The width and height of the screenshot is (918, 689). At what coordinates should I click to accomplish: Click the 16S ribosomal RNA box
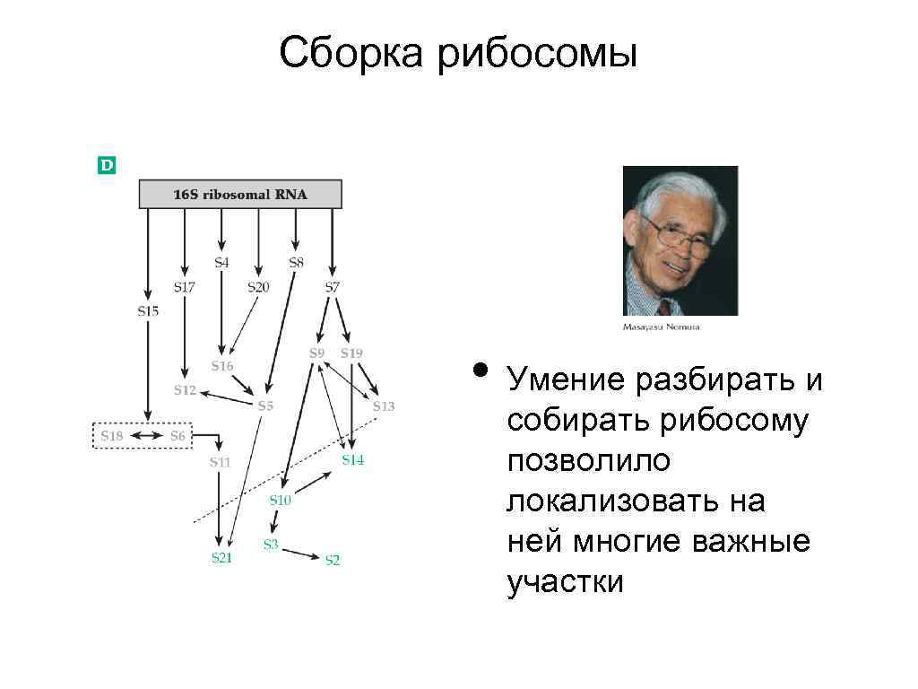(239, 194)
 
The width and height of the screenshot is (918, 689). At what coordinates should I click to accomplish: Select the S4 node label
(221, 262)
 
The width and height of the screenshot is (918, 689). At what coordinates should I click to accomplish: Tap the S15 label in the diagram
(148, 310)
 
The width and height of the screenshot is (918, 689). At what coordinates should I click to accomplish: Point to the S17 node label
(184, 287)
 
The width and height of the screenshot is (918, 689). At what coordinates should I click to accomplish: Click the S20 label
(258, 287)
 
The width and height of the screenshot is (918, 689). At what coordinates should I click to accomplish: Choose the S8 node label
(296, 262)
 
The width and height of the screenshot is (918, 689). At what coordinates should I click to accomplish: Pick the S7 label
(332, 287)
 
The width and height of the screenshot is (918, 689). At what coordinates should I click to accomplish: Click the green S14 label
(352, 459)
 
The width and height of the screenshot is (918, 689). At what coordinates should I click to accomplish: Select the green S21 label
(221, 557)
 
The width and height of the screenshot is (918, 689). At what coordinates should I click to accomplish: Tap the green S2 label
(332, 560)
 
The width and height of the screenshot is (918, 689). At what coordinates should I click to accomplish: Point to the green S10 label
(281, 501)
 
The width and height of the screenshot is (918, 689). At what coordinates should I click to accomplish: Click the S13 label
(383, 406)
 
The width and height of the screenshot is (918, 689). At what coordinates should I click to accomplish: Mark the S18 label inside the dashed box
(111, 436)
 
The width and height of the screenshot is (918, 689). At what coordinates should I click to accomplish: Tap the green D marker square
(107, 165)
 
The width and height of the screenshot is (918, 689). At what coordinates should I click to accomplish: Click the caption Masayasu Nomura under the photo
(661, 327)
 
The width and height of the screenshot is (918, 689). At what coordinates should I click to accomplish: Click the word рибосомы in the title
(537, 53)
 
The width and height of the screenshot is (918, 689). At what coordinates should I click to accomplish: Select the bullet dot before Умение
(481, 371)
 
